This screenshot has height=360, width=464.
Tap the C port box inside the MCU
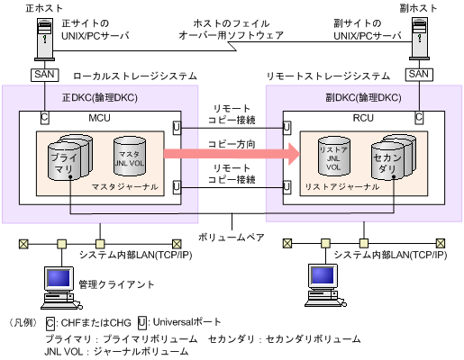pyautogui.click(x=44, y=116)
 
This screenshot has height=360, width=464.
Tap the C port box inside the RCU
pyautogui.click(x=418, y=116)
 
